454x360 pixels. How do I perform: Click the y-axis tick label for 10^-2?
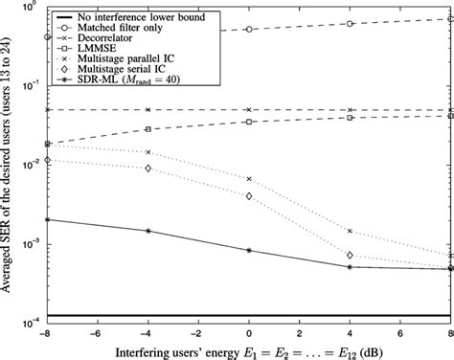tap(29, 164)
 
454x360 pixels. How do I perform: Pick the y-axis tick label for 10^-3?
tap(29, 244)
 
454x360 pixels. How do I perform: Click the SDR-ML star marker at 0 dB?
tap(249, 251)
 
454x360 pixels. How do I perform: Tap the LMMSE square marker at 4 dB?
tap(350, 118)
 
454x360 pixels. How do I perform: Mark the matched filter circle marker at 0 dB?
tap(249, 30)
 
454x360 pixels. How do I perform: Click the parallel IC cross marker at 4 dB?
tap(350, 231)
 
